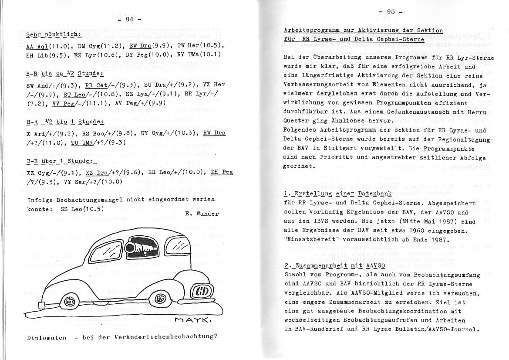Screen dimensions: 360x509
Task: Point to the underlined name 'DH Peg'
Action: (222, 172)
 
